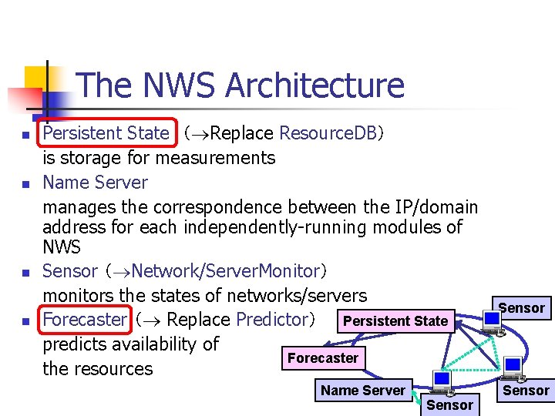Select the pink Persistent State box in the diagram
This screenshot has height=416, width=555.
click(395, 321)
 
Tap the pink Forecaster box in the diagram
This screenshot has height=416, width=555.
click(322, 358)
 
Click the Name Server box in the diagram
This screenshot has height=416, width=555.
click(362, 391)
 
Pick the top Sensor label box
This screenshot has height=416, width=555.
click(522, 308)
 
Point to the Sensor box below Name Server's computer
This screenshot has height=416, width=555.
click(449, 405)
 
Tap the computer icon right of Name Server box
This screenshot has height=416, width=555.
click(442, 383)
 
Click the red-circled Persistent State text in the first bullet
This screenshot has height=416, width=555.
click(106, 133)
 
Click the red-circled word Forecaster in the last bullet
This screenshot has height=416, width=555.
click(84, 319)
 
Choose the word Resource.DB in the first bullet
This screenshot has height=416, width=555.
click(327, 133)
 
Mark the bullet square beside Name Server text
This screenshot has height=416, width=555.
click(25, 184)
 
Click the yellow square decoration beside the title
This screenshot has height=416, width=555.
click(35, 78)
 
